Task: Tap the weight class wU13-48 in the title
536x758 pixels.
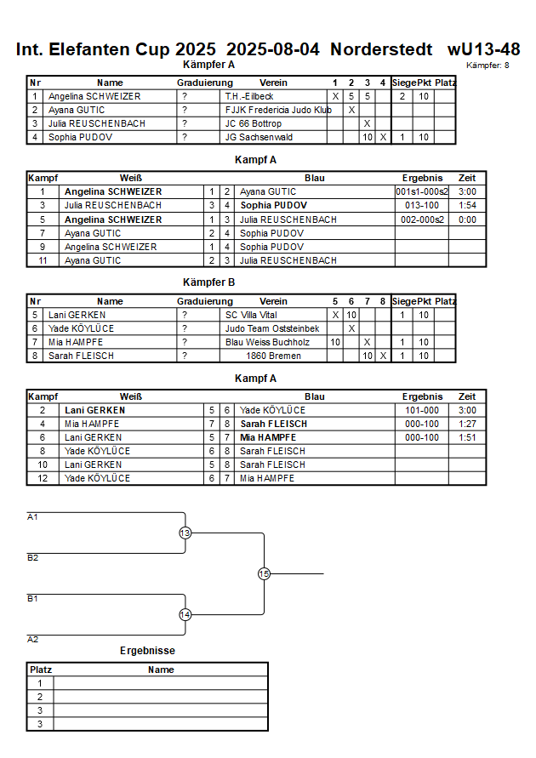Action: click(483, 49)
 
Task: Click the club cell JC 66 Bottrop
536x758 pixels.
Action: click(253, 123)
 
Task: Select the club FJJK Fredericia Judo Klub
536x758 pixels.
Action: click(277, 110)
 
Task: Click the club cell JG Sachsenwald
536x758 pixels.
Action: click(258, 137)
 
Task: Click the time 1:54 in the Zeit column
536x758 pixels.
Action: click(467, 206)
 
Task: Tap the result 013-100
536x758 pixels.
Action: click(421, 206)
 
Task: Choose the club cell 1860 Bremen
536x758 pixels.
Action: click(273, 356)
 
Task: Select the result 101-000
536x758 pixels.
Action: click(421, 410)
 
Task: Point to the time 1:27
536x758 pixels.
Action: click(467, 424)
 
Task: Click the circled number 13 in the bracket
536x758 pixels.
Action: click(185, 533)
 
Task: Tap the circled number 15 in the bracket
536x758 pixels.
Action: click(264, 574)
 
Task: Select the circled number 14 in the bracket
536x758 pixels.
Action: click(185, 614)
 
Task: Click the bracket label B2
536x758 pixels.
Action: click(33, 558)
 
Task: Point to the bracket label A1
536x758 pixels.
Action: click(33, 517)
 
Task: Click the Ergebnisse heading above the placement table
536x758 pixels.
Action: click(147, 651)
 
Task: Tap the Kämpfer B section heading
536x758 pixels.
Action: click(208, 282)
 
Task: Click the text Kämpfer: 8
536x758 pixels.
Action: click(488, 66)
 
